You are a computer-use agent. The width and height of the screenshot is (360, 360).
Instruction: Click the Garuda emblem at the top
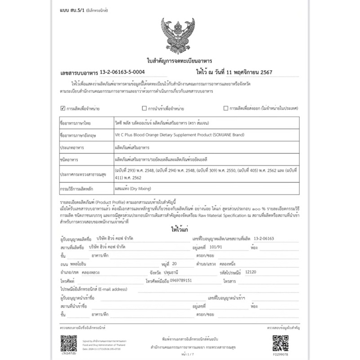[180, 35]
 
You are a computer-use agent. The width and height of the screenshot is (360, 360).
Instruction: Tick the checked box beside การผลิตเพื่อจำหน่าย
[63, 108]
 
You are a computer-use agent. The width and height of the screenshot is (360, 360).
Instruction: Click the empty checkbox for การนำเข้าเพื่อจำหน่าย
[144, 108]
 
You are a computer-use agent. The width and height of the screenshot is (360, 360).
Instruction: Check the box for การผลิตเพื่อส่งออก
[225, 108]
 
